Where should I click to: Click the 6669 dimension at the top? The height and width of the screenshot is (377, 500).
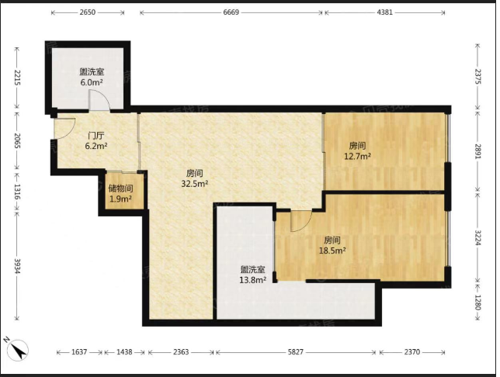[x=231, y=12]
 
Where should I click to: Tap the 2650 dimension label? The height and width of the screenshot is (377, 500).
[x=88, y=12]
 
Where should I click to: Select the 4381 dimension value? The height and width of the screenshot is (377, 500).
[x=384, y=12]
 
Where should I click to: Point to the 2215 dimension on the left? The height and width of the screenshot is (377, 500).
[x=17, y=78]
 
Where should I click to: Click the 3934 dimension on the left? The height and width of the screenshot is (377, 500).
[x=17, y=265]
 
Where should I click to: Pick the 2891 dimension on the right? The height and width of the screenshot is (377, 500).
[x=477, y=152]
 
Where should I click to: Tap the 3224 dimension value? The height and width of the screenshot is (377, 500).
[x=477, y=237]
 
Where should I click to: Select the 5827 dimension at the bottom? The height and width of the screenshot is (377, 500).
[x=296, y=352]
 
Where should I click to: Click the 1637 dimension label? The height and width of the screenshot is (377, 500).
[x=79, y=352]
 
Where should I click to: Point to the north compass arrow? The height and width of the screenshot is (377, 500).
[x=18, y=349]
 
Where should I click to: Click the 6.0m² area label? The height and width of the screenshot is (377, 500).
[x=92, y=82]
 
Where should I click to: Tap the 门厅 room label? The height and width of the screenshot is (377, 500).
[x=96, y=136]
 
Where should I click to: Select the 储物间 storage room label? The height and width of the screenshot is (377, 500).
[x=120, y=188]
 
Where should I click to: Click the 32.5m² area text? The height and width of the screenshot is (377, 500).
[x=195, y=184]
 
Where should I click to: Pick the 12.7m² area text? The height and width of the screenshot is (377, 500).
[x=357, y=157]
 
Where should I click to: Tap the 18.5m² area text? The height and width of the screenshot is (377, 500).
[x=332, y=251]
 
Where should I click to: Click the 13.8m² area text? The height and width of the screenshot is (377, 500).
[x=253, y=280]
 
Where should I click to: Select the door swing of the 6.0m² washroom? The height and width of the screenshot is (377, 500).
[x=99, y=100]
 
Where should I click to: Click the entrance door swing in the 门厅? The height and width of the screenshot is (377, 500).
[x=64, y=129]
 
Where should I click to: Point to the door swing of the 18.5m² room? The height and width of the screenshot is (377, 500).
[x=301, y=221]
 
